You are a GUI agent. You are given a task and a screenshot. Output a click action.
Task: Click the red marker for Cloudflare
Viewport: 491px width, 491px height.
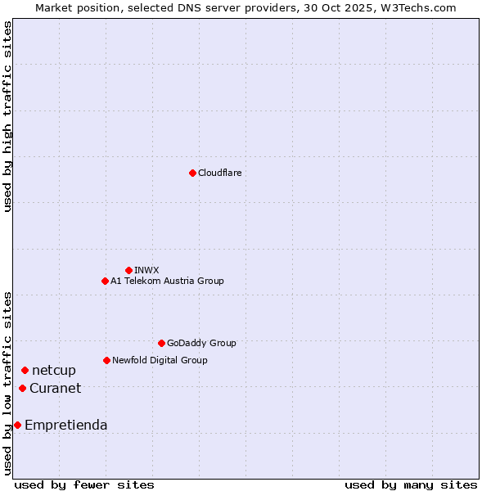point(192,173)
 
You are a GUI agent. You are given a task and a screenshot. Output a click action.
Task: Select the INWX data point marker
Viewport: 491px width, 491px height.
point(128,270)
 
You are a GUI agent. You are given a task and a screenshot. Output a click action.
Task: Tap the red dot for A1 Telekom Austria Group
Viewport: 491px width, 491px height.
point(105,281)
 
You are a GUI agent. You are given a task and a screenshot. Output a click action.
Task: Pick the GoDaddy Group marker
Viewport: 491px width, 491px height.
point(161,343)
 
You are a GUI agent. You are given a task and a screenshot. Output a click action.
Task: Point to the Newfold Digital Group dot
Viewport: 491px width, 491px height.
point(106,360)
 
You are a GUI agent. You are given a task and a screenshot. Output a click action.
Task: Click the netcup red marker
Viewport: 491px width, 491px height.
point(25,371)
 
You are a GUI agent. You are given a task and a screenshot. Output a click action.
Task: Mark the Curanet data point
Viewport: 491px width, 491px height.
point(22,388)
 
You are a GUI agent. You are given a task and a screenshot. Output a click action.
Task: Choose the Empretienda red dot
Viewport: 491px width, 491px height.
point(17,425)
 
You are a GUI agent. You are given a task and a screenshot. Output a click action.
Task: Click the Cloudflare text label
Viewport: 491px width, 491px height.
point(220,173)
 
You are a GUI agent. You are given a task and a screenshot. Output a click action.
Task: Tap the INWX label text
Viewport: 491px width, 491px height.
point(146,270)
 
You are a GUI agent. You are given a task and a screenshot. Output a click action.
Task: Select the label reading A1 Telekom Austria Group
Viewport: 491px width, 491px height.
point(167,281)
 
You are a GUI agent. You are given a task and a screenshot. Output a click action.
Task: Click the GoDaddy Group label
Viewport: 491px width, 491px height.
point(201,343)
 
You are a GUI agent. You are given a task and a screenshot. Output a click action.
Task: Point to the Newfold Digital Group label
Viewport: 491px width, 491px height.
point(160,360)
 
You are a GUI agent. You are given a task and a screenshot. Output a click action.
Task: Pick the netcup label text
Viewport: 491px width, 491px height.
point(54,371)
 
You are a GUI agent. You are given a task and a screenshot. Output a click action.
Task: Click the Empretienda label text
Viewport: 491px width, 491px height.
point(66,425)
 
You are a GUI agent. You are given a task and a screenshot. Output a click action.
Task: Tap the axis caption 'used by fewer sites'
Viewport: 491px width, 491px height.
point(84,484)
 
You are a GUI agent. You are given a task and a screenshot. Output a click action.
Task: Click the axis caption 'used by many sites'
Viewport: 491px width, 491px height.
point(411,484)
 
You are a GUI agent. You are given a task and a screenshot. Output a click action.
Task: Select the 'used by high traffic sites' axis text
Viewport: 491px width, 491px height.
point(7,116)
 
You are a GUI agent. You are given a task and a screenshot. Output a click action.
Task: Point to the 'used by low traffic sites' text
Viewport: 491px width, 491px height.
point(7,383)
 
